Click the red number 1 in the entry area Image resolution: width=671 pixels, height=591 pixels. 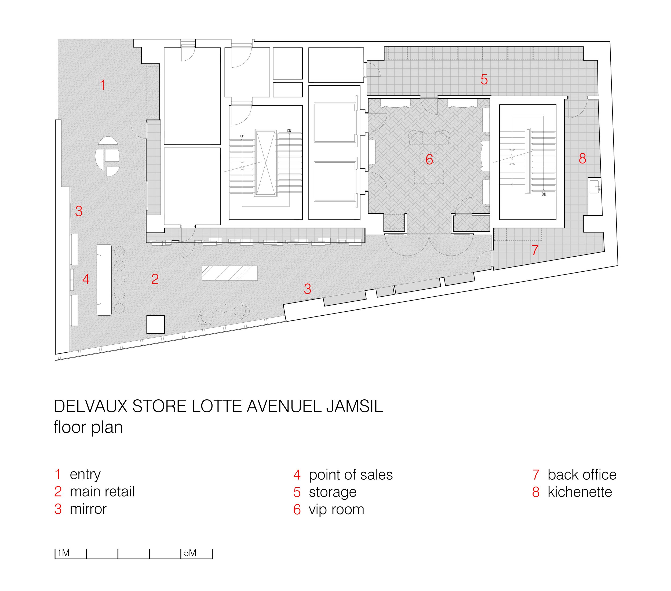pyautogui.click(x=103, y=85)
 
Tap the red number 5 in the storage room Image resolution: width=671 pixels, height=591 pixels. pyautogui.click(x=484, y=80)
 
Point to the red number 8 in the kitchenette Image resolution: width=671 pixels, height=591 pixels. pyautogui.click(x=582, y=159)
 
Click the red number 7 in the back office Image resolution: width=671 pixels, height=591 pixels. pyautogui.click(x=535, y=250)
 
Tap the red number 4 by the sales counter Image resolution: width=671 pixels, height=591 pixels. pyautogui.click(x=86, y=279)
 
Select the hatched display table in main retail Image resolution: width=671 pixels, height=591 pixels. pyautogui.click(x=229, y=273)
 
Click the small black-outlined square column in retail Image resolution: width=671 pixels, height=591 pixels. pyautogui.click(x=155, y=324)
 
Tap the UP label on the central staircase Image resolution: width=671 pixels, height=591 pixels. pyautogui.click(x=242, y=136)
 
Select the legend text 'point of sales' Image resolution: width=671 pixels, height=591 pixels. pyautogui.click(x=350, y=475)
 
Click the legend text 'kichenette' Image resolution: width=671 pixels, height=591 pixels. pyautogui.click(x=579, y=492)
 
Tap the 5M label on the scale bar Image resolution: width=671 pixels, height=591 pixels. pyautogui.click(x=190, y=553)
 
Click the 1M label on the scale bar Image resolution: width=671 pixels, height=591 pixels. pyautogui.click(x=63, y=553)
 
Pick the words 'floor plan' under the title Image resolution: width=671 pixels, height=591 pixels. pyautogui.click(x=88, y=427)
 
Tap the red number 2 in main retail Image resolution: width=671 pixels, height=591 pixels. pyautogui.click(x=155, y=279)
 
